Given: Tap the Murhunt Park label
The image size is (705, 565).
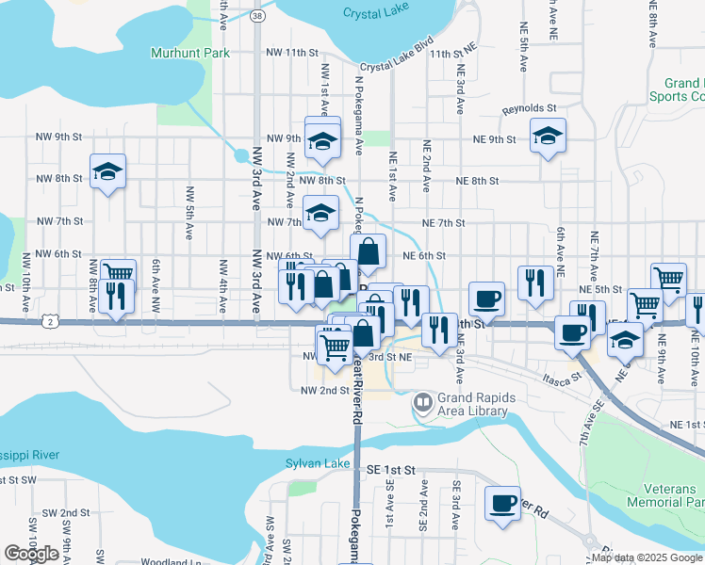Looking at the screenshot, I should point(190,53).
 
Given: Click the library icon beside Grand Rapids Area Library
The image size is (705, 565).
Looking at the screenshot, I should point(423,405).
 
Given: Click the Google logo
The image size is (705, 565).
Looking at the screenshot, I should point(32,553).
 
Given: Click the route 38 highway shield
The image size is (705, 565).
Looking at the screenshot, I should point(257,16).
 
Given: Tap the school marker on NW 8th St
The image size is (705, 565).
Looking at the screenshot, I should point(107,171).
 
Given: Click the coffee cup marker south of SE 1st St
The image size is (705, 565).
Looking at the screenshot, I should point(502,502).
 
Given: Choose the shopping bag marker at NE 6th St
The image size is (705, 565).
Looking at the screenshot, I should point(369,251).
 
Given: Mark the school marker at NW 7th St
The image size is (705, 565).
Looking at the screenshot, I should point(320,213).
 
